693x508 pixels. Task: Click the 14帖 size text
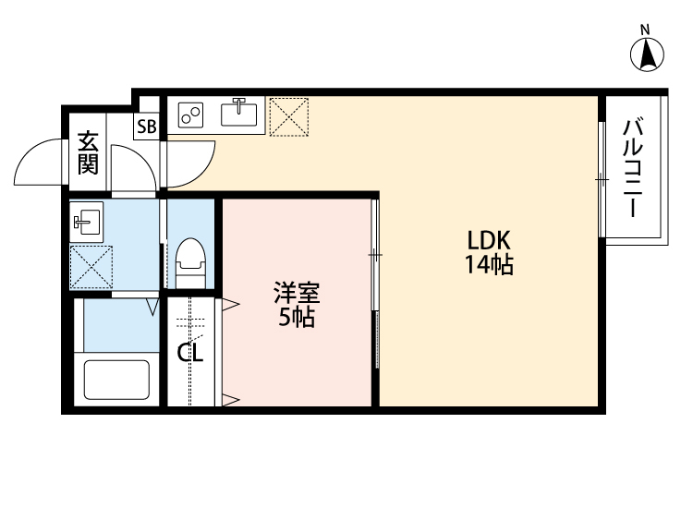coord(489,266)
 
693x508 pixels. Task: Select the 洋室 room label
coord(296,296)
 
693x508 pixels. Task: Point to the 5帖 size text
coord(296,319)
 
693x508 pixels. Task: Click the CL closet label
coord(191,352)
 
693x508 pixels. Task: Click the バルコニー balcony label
coord(633,167)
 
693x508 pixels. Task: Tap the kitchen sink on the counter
coord(240,113)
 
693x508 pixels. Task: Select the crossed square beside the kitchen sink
coord(289,115)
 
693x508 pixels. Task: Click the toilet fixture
coord(190,260)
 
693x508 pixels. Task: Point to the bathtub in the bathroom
coord(117,378)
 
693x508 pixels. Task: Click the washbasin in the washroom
coord(88,220)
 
